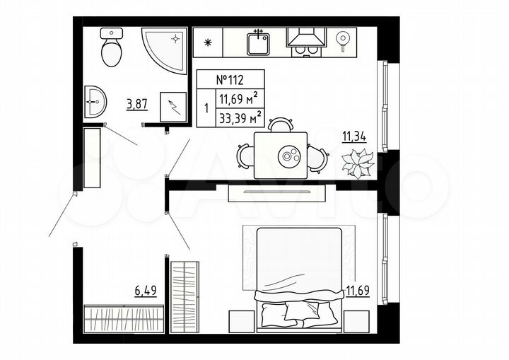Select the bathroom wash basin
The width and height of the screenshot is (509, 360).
[94, 103]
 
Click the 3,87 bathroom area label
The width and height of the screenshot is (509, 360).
[136, 104]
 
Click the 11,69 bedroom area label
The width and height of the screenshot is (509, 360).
[359, 289]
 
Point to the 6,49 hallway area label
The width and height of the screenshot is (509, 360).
[146, 289]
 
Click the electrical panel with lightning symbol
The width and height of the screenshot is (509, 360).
[173, 107]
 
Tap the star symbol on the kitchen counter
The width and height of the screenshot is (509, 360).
[207, 41]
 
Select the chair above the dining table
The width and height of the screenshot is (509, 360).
[281, 124]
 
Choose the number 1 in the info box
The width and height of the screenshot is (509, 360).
[206, 109]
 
